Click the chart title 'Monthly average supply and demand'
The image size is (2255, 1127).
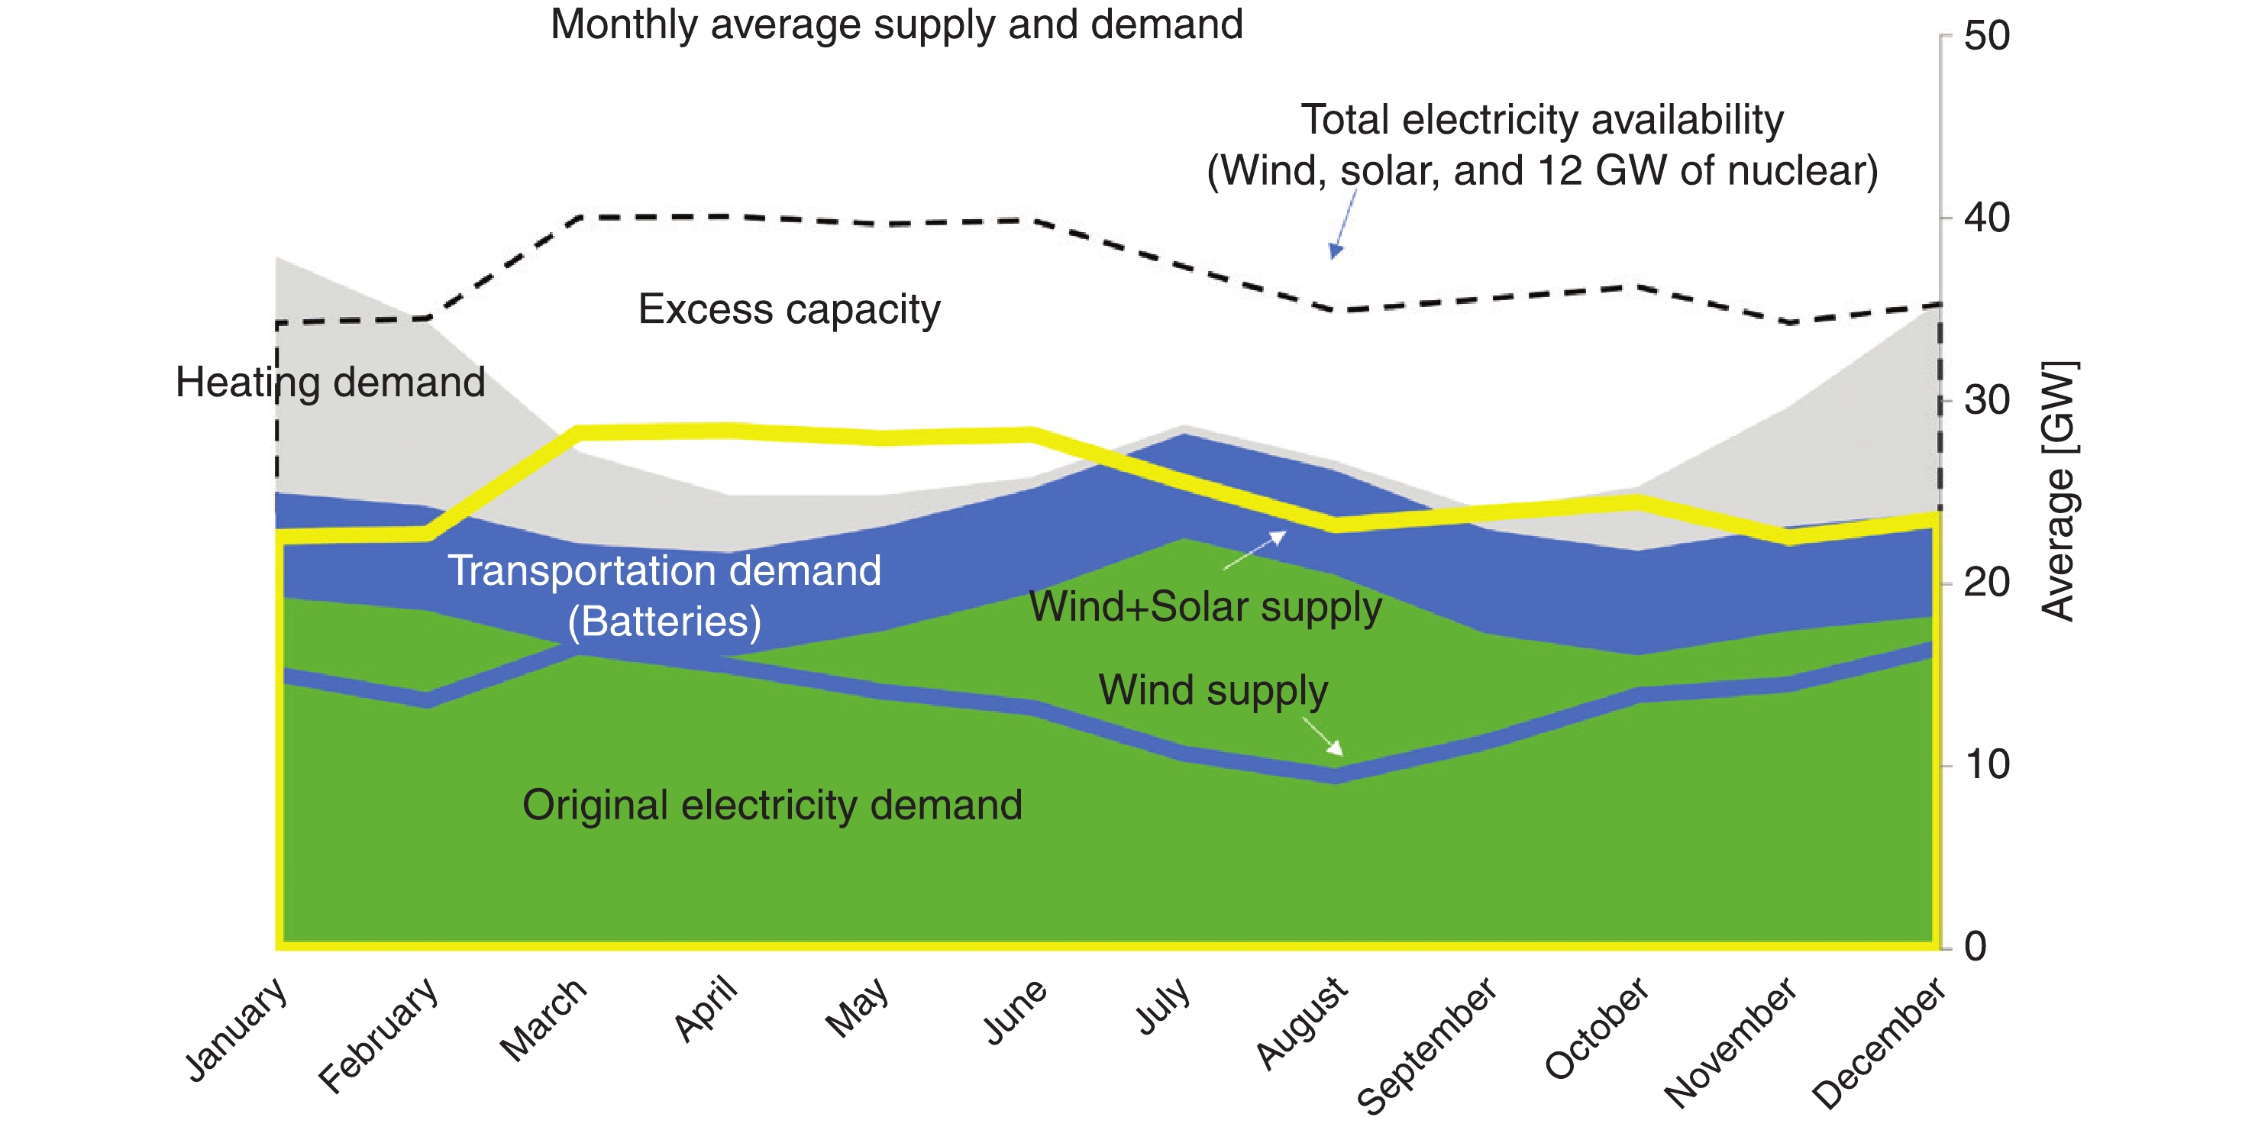point(897,24)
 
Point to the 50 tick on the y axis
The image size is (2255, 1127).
point(1985,37)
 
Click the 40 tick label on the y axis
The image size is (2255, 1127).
point(1985,218)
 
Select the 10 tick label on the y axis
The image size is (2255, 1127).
point(1985,766)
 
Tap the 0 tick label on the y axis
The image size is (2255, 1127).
point(1975,947)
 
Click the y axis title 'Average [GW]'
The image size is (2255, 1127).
point(2059,492)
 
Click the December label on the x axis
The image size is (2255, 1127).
point(1879,1043)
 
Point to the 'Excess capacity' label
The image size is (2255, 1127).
point(789,310)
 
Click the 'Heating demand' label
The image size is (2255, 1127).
point(330,383)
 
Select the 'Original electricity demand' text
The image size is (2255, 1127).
point(772,805)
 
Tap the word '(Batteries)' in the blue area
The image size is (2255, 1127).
point(664,622)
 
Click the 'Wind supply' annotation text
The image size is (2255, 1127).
point(1213,690)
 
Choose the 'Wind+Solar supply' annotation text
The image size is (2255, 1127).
point(1204,606)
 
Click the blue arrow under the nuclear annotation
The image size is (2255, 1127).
point(1343,225)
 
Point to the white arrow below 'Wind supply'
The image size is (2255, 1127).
point(1323,737)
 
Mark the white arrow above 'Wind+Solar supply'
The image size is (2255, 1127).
point(1255,550)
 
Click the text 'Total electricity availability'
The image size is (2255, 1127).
point(1542,120)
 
